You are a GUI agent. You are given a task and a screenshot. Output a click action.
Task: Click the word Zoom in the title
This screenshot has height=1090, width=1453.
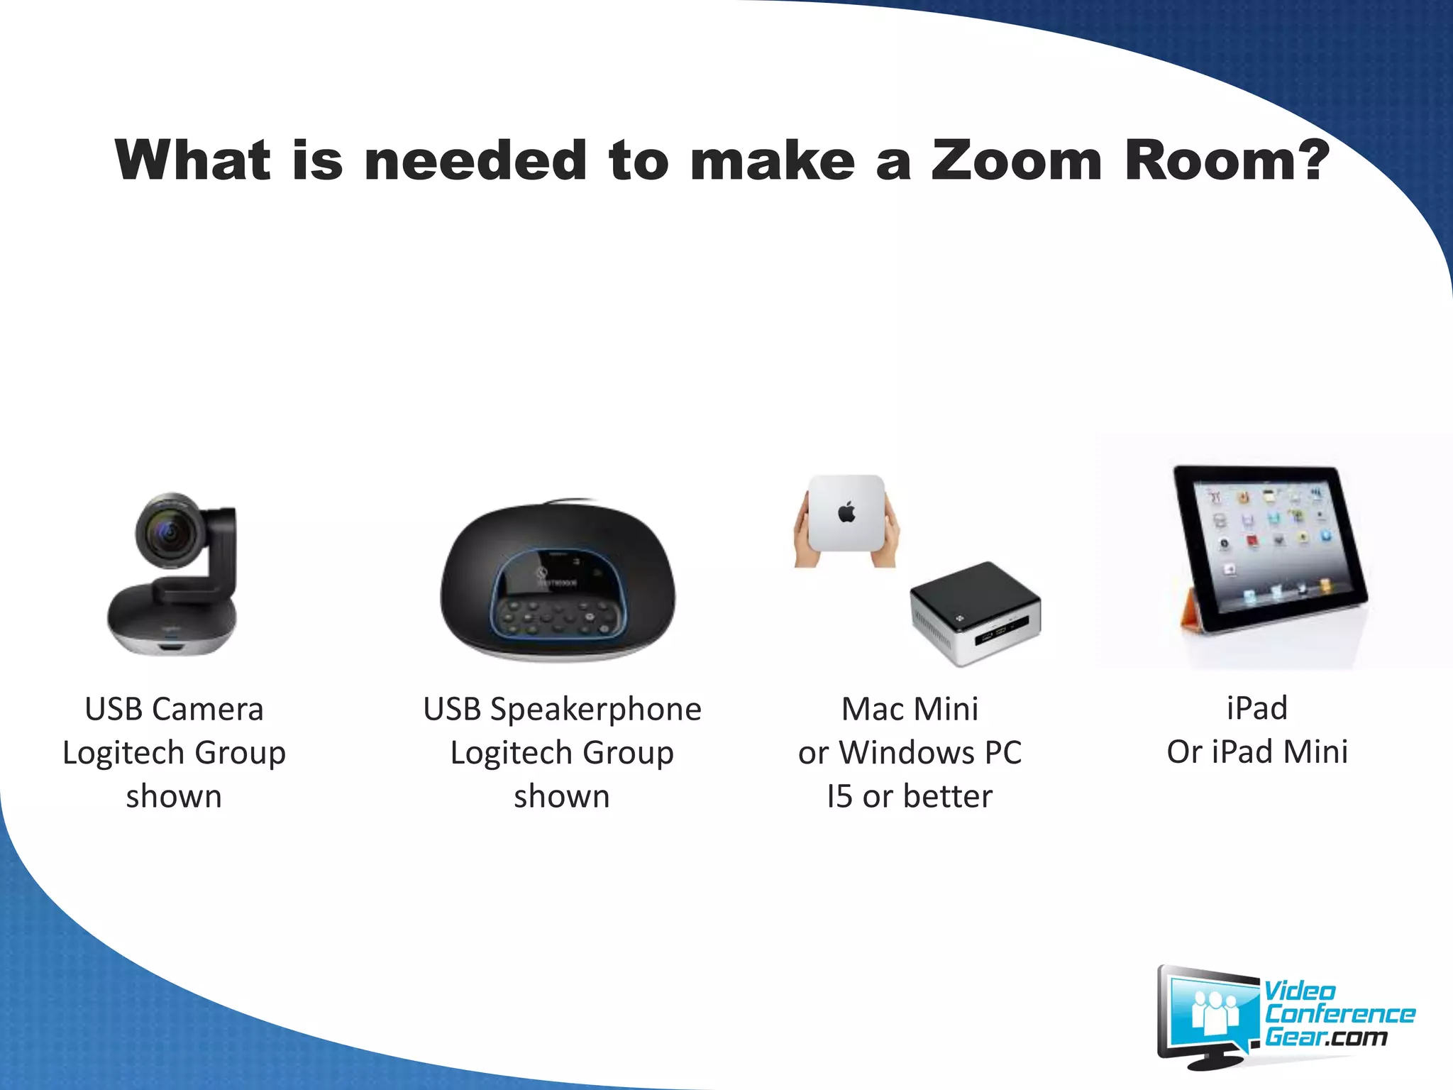point(1016,160)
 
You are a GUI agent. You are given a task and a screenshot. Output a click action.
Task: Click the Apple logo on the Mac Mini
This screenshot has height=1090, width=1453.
point(846,512)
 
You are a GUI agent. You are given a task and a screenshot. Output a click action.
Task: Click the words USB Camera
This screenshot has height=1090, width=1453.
point(174,709)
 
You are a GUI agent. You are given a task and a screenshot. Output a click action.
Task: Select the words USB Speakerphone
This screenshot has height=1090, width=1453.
point(562,709)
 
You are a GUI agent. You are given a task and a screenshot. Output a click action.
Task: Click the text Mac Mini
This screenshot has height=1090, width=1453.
point(910,709)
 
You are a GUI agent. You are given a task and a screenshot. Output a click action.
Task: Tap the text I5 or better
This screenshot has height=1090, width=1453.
point(910,796)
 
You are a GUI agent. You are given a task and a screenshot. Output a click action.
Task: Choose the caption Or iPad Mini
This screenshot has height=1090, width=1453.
point(1257,752)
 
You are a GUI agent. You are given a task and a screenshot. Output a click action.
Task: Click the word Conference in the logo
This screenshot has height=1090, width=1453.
point(1339,1014)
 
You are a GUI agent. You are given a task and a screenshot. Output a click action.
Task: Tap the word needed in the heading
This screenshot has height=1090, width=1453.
point(475,160)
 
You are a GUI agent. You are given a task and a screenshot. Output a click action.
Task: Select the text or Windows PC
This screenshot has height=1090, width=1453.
point(910,752)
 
